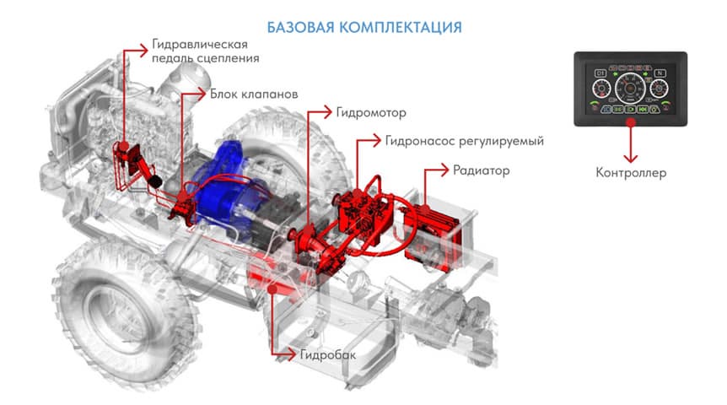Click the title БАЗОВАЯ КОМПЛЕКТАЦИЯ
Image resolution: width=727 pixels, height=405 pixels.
(364, 27)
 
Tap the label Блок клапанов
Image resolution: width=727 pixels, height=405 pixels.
(254, 94)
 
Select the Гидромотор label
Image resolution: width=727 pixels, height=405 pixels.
(371, 113)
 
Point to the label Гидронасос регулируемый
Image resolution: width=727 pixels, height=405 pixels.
(465, 141)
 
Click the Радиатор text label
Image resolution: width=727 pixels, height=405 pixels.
(482, 170)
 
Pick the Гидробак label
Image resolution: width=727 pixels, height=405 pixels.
(328, 355)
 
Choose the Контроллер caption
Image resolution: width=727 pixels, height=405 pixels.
(631, 173)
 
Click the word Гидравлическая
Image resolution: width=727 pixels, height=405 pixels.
(200, 45)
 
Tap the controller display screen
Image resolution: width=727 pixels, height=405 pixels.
(631, 89)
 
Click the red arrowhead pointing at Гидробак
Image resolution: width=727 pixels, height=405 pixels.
(291, 355)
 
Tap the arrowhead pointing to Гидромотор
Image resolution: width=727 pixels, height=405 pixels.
(327, 112)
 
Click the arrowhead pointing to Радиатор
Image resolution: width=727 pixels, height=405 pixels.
(444, 170)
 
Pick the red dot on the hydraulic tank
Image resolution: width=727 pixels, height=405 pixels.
(272, 289)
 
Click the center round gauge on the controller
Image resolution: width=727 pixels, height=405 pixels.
(630, 88)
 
